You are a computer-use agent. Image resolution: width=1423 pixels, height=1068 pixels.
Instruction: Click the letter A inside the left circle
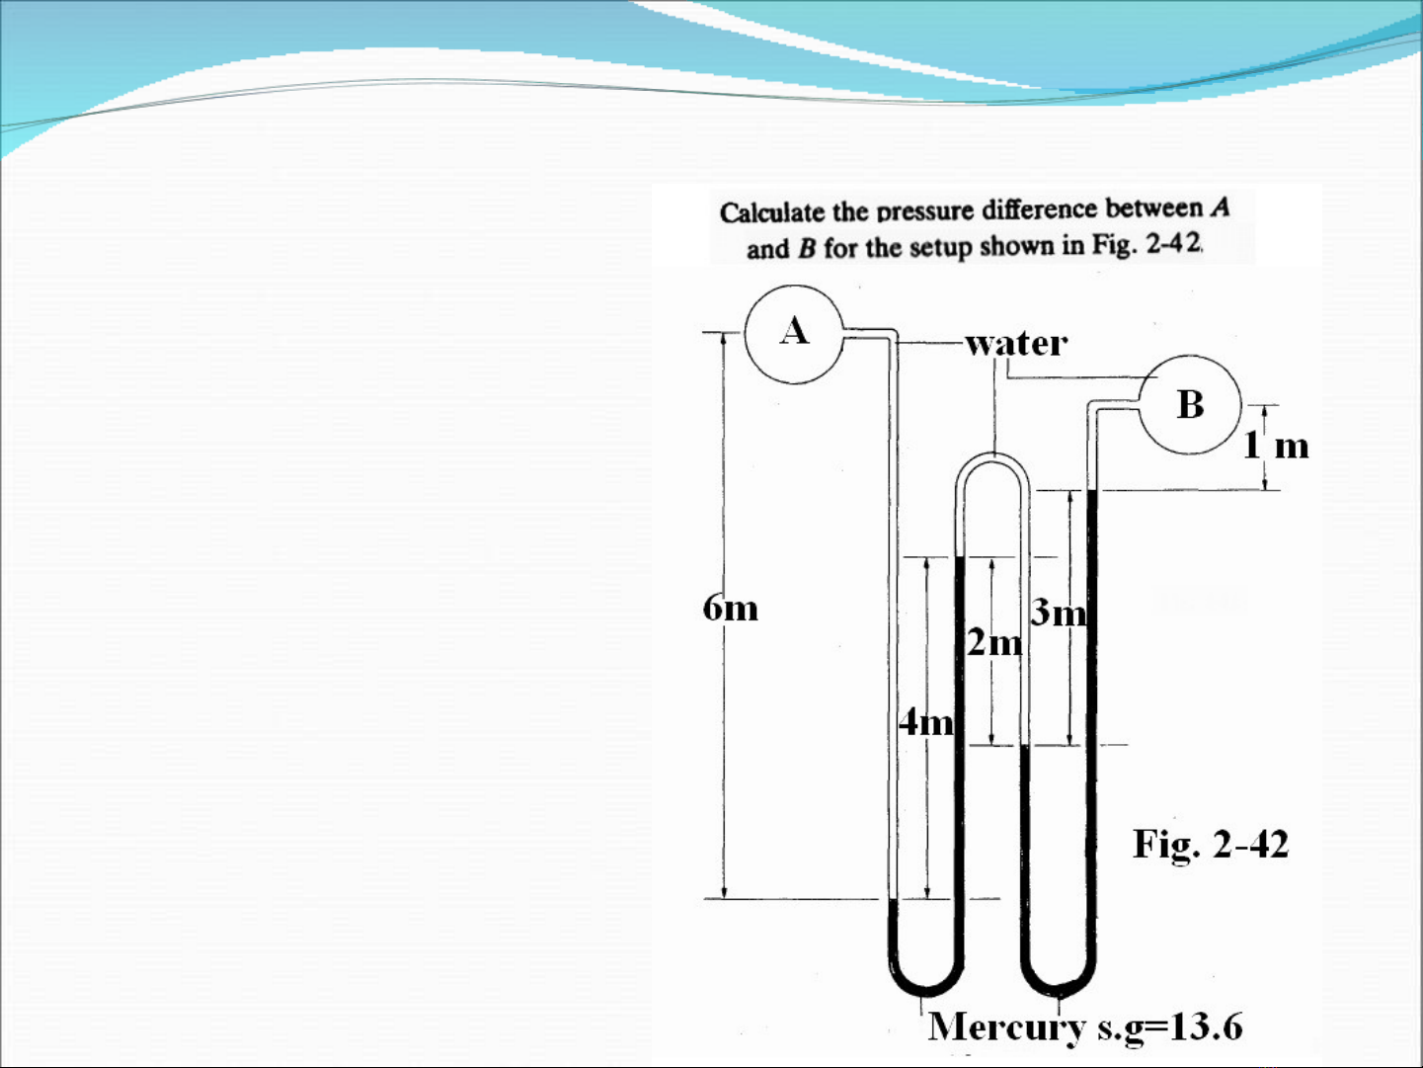pyautogui.click(x=795, y=330)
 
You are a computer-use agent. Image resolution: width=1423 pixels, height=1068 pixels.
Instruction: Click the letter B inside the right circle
pyautogui.click(x=1190, y=404)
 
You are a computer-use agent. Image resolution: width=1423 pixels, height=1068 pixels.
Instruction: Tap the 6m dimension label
pyautogui.click(x=730, y=609)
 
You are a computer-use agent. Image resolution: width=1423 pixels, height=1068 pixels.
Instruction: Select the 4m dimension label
pyautogui.click(x=926, y=722)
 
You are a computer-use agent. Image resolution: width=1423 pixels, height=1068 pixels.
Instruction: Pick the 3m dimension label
pyautogui.click(x=1059, y=613)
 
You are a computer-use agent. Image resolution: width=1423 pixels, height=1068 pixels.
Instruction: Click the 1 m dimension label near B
pyautogui.click(x=1276, y=446)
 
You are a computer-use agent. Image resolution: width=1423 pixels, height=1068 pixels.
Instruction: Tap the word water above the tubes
pyautogui.click(x=1016, y=343)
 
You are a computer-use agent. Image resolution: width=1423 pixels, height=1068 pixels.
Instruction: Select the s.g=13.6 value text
pyautogui.click(x=1170, y=1027)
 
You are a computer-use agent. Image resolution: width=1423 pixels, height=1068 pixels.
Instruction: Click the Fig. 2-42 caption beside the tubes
pyautogui.click(x=1211, y=845)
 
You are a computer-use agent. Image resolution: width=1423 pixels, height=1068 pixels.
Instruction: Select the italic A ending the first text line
pyautogui.click(x=1221, y=207)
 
